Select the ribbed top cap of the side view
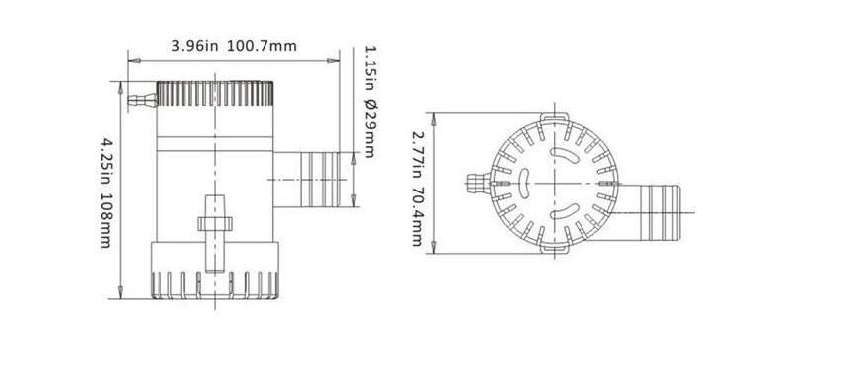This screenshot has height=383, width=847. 215,95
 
